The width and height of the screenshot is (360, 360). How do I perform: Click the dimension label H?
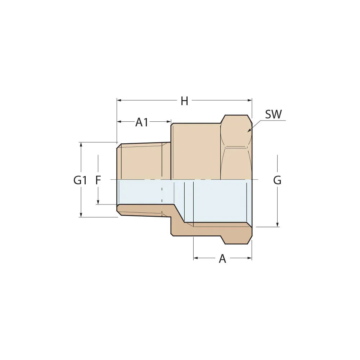184,101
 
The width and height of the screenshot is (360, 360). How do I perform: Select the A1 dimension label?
142,122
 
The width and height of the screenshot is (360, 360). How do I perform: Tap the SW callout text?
274,114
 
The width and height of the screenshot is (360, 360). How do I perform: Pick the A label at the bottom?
222,258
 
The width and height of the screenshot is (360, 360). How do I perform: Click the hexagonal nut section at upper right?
236,148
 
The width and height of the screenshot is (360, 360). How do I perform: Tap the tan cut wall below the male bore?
144,210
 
